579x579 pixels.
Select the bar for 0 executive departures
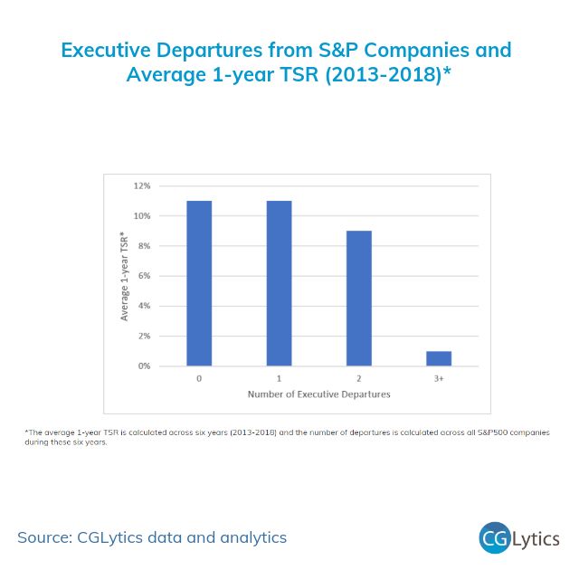(199, 283)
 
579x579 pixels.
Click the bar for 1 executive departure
(279, 283)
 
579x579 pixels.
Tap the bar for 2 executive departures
(358, 299)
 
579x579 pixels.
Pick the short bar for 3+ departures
(438, 358)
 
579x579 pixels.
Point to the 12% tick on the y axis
(141, 186)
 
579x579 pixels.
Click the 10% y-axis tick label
(141, 216)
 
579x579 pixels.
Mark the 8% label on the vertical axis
(143, 246)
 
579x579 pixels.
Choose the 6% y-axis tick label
(143, 276)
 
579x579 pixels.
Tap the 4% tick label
(143, 306)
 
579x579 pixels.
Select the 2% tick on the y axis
(143, 336)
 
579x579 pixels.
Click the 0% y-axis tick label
(143, 366)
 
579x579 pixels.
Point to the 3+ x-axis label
(438, 378)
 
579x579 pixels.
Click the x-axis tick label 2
(358, 378)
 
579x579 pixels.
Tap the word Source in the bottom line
(45, 537)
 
